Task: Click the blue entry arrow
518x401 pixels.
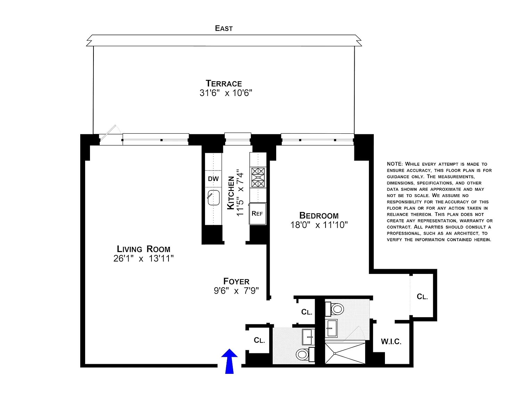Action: click(229, 361)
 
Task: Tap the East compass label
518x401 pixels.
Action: click(224, 29)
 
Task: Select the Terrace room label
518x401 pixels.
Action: click(224, 84)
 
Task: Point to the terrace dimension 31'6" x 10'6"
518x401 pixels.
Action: click(226, 93)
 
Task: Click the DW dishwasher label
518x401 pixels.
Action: click(213, 179)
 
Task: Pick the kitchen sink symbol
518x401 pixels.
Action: click(213, 197)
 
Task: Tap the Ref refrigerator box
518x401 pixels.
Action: click(257, 213)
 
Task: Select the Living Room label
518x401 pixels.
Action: click(143, 249)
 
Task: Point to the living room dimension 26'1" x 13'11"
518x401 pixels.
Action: click(143, 258)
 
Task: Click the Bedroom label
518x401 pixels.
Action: click(319, 215)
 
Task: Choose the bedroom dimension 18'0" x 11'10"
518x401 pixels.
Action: click(319, 225)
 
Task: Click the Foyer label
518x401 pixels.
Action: click(236, 281)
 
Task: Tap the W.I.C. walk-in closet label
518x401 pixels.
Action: click(391, 341)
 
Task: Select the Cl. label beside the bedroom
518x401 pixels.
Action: click(422, 297)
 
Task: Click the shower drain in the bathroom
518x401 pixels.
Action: click(335, 353)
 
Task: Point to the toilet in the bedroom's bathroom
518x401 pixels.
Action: click(335, 309)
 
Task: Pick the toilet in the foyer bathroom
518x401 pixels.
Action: click(305, 354)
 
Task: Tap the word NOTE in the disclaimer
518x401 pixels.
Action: click(395, 164)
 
